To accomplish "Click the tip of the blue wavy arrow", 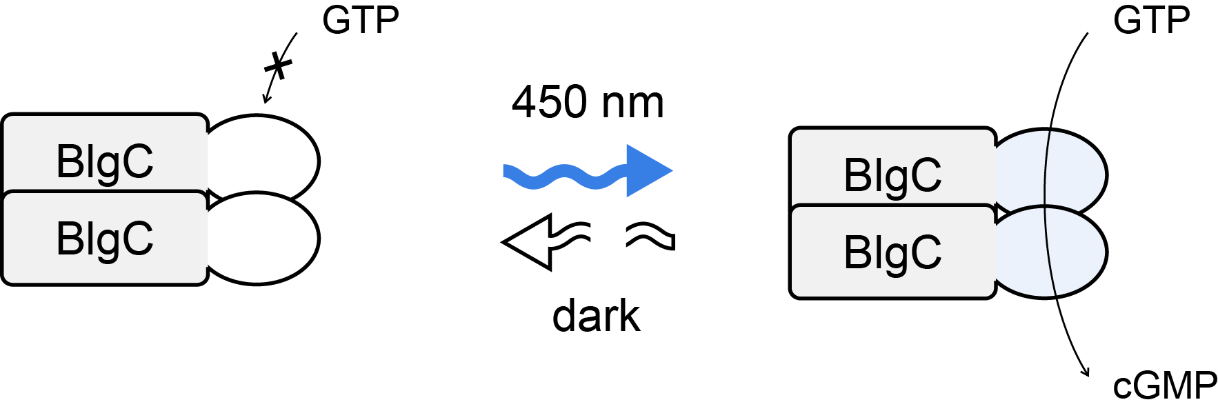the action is point(672,171).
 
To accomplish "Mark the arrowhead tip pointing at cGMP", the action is point(1088,377).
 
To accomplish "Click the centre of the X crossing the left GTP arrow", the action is point(278,66).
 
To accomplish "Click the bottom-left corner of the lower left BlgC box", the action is point(3,284).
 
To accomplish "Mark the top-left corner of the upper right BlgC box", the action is point(790,128).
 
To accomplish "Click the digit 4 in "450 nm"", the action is point(526,102).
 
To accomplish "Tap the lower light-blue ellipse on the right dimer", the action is point(1051,252).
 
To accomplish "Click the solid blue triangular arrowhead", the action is point(649,171).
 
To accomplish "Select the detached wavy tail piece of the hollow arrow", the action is point(650,236).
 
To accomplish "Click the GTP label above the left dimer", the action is point(361,21).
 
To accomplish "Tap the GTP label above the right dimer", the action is point(1151,20).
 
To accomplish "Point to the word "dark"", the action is point(597,316).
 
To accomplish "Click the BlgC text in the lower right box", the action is point(892,252).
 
